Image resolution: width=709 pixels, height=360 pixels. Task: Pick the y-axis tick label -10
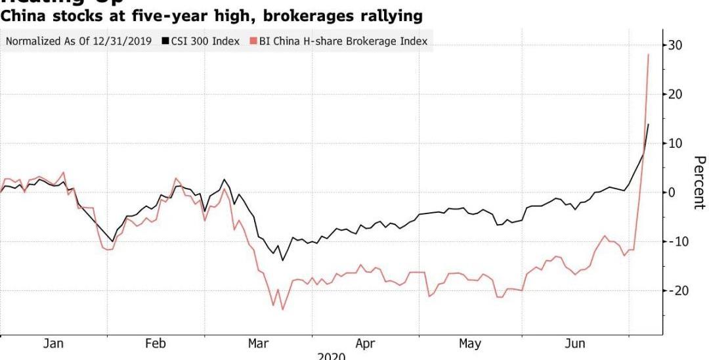(677, 242)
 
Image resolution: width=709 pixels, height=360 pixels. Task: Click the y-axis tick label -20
(677, 290)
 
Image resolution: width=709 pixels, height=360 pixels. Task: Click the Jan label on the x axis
(54, 344)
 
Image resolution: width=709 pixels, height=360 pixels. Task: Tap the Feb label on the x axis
(156, 344)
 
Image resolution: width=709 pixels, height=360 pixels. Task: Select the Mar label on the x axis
(257, 344)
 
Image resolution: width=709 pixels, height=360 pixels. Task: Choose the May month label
(470, 344)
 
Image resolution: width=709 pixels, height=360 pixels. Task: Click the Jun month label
(575, 344)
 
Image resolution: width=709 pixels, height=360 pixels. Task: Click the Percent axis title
(699, 182)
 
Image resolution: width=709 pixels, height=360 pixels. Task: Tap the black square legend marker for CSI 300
(167, 41)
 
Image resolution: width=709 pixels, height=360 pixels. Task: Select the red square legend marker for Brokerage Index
(254, 41)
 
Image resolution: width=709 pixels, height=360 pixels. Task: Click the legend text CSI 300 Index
(205, 41)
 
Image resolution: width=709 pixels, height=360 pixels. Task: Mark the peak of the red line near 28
(649, 54)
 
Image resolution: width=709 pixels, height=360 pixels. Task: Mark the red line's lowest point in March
(283, 309)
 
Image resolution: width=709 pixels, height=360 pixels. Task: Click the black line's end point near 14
(649, 124)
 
